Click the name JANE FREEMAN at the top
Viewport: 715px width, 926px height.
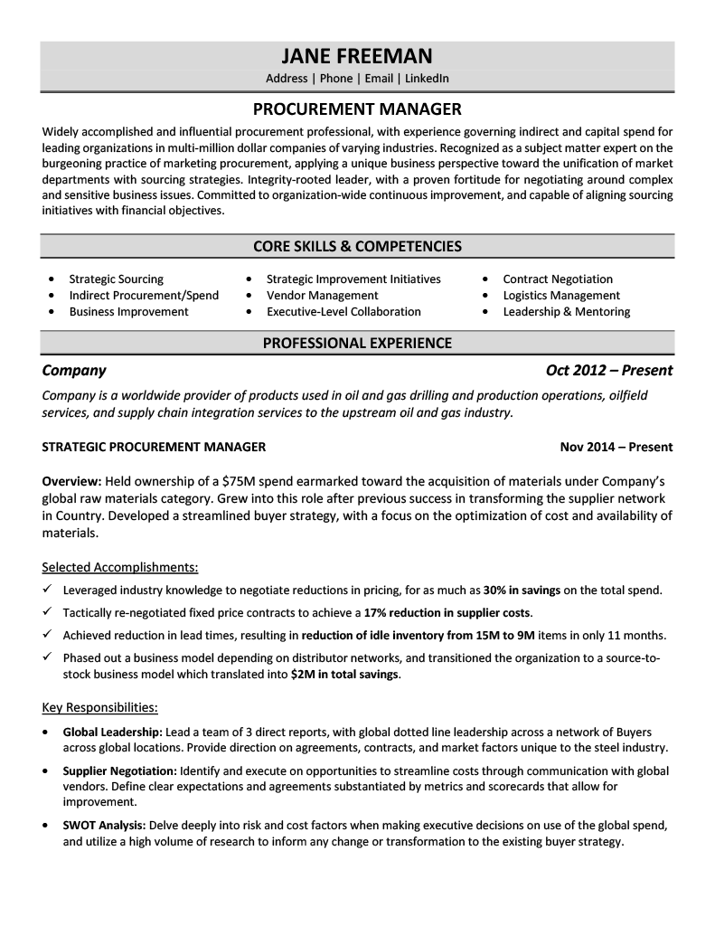[x=357, y=55]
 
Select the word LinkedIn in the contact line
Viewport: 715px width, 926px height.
[x=427, y=79]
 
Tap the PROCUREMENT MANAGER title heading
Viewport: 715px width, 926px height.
[x=357, y=109]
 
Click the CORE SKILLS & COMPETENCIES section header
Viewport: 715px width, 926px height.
[x=357, y=246]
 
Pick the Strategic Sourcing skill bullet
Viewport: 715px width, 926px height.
[x=116, y=279]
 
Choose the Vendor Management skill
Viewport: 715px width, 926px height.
[x=322, y=296]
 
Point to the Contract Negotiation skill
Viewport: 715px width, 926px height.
[x=557, y=279]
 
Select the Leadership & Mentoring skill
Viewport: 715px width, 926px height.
[x=566, y=312]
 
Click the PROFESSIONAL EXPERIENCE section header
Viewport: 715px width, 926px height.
[x=357, y=343]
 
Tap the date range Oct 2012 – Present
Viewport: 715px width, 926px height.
[x=609, y=371]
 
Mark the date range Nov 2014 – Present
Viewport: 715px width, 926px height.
[x=616, y=447]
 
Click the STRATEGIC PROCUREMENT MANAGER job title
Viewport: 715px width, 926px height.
[x=154, y=447]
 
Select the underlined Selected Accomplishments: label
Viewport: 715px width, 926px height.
[x=120, y=568]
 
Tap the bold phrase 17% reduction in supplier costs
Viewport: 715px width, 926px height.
[x=447, y=613]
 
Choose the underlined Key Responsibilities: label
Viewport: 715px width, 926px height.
[x=100, y=707]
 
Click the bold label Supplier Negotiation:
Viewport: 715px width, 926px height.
[x=119, y=771]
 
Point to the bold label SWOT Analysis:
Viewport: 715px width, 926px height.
[x=104, y=826]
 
